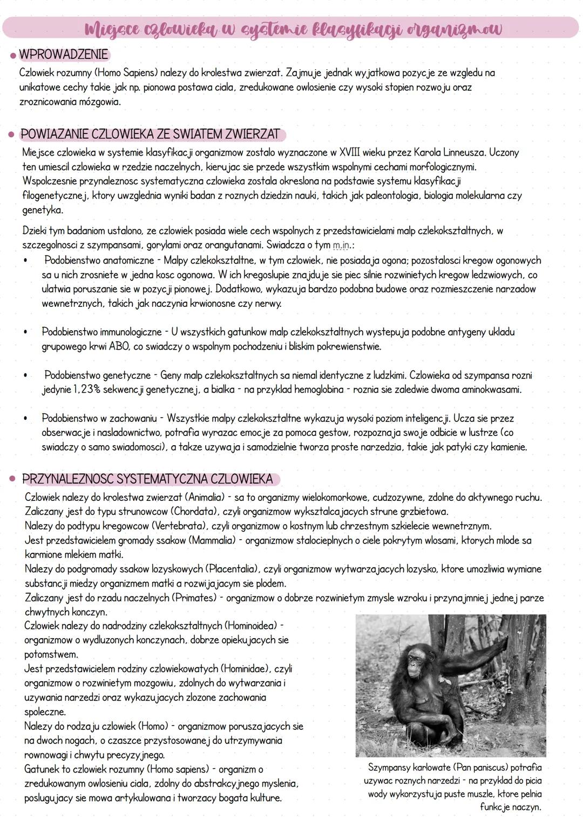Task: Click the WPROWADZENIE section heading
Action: tap(63, 55)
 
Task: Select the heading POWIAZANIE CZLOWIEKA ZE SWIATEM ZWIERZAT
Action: tap(150, 134)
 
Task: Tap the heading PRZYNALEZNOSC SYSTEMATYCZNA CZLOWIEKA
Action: tap(147, 479)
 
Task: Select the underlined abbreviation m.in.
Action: tap(341, 246)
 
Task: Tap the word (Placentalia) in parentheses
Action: tap(233, 569)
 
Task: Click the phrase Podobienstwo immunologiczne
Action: tap(101, 332)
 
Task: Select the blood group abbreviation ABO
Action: tap(119, 346)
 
